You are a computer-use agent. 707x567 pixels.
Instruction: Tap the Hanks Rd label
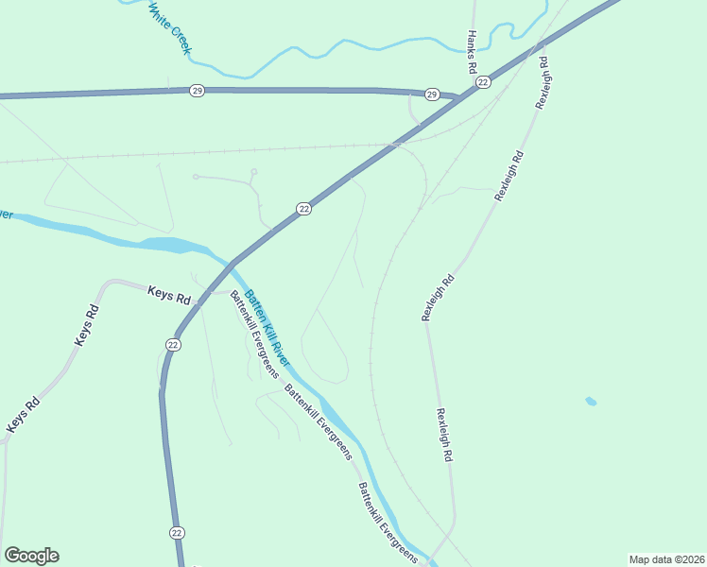[x=471, y=52]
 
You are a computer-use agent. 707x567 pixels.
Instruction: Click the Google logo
[x=31, y=556]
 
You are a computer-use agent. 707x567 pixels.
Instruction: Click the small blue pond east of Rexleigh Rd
[x=591, y=402]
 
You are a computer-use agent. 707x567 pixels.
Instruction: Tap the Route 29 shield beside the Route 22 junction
[x=432, y=94]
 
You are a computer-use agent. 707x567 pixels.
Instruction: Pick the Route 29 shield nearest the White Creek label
[x=197, y=91]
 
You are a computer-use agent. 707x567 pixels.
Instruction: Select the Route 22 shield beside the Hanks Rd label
[x=483, y=83]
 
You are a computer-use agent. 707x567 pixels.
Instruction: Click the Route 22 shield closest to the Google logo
[x=177, y=533]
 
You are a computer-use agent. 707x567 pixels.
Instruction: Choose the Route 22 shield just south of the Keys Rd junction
[x=173, y=345]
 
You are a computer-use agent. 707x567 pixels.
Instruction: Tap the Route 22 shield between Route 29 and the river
[x=303, y=209]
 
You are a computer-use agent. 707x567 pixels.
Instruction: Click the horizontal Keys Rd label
[x=169, y=294]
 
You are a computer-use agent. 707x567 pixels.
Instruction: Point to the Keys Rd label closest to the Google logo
[x=24, y=416]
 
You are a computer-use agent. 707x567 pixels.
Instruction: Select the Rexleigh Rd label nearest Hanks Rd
[x=542, y=83]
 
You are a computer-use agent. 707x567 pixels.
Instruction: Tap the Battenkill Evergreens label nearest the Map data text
[x=387, y=524]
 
